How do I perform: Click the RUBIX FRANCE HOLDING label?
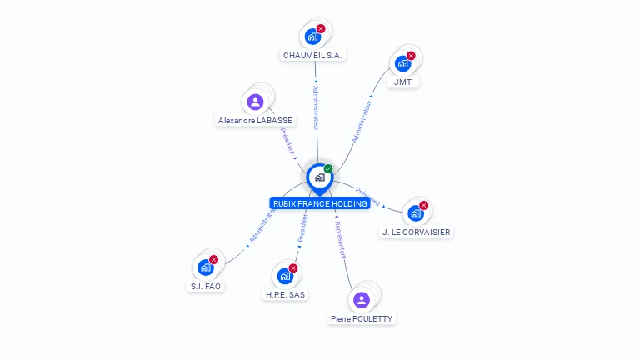point(320,203)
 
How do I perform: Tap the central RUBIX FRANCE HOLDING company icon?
point(319,177)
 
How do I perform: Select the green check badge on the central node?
point(328,168)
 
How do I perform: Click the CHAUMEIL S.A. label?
point(312,56)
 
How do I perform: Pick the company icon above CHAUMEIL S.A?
point(312,37)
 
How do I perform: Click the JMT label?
point(403,82)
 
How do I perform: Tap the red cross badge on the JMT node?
point(411,56)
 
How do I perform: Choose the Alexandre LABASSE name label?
point(255,121)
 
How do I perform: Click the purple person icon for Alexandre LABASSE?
point(255,102)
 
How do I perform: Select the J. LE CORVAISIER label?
point(416,232)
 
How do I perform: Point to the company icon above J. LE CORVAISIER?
point(415,213)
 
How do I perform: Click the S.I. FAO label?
point(206,286)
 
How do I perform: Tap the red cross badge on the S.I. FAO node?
point(213,259)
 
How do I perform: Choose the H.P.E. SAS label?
point(286,294)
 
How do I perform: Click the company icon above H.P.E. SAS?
point(285,276)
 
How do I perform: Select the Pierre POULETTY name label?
point(361,318)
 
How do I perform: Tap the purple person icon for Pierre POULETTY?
point(361,299)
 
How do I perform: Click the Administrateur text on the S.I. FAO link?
point(262,225)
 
